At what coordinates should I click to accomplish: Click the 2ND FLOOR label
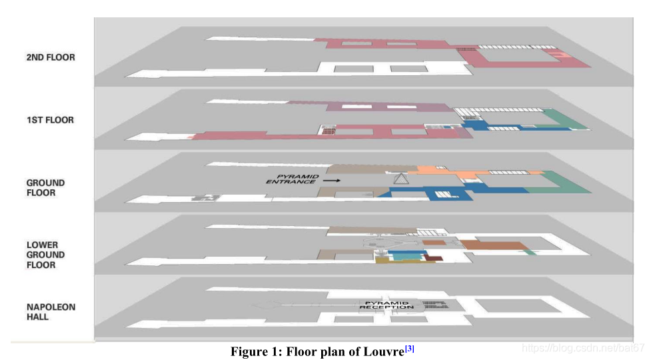(x=51, y=57)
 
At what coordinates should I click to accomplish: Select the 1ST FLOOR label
(x=51, y=120)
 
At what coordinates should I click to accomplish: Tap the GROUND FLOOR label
(x=45, y=187)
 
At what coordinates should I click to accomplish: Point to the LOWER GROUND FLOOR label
(x=45, y=255)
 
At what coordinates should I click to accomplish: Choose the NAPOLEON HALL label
(x=51, y=312)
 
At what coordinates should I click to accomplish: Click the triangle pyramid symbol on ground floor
(x=399, y=178)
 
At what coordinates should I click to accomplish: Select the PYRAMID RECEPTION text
(x=386, y=305)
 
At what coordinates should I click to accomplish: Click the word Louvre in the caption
(x=382, y=351)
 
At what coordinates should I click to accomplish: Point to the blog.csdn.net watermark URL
(x=582, y=348)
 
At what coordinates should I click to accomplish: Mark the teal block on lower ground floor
(x=402, y=254)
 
